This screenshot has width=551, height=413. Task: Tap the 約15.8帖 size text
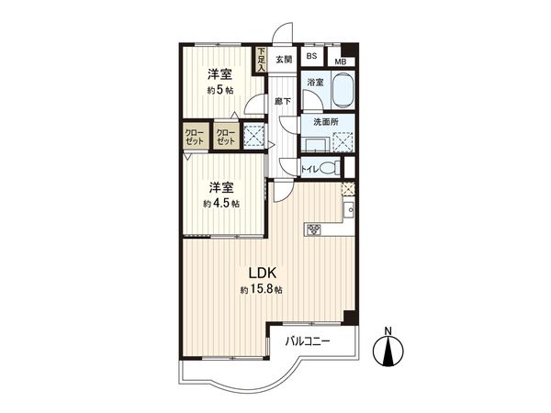pyautogui.click(x=261, y=290)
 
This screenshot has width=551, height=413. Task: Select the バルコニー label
pyautogui.click(x=307, y=341)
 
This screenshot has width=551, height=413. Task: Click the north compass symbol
pyautogui.click(x=389, y=352)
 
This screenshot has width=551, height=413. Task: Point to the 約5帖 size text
pyautogui.click(x=219, y=90)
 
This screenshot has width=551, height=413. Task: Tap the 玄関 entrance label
pyautogui.click(x=283, y=60)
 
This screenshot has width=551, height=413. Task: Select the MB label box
pyautogui.click(x=340, y=62)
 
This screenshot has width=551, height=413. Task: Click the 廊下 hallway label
pyautogui.click(x=283, y=101)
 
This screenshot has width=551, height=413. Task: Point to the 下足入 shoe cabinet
pyautogui.click(x=261, y=60)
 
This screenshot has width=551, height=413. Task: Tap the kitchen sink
pyautogui.click(x=350, y=211)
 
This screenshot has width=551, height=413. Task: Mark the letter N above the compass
pyautogui.click(x=389, y=330)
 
